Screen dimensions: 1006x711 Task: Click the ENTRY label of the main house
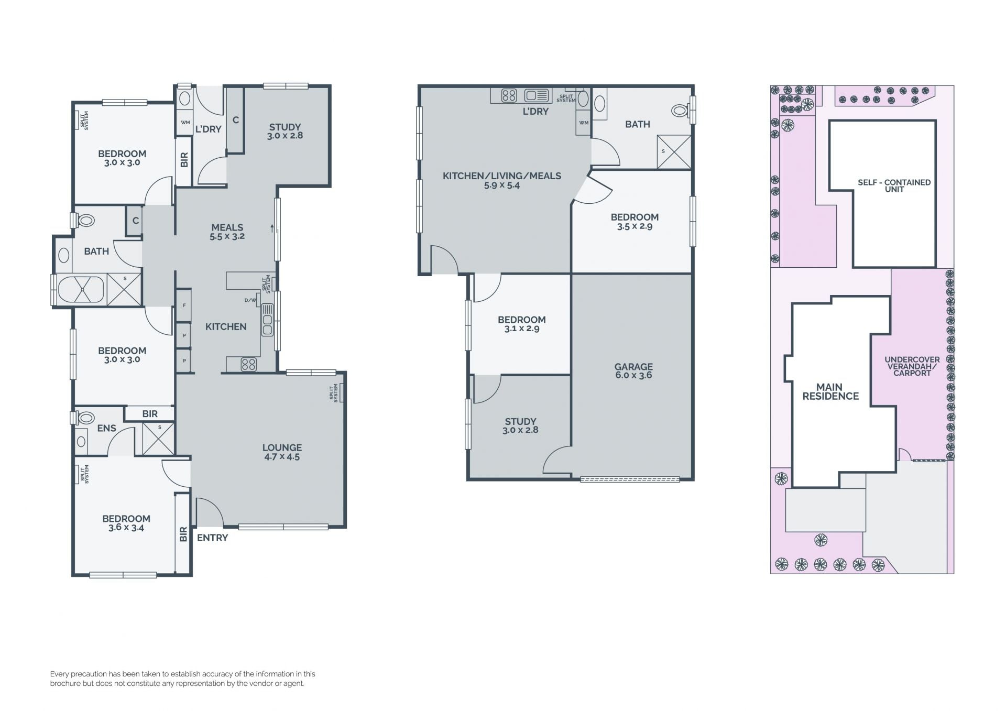212,538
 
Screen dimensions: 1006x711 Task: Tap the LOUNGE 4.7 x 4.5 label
282,452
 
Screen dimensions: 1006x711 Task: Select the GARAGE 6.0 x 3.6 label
633,371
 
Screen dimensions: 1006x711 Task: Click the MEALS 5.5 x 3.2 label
227,232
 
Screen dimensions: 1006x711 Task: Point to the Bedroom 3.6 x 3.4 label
126,523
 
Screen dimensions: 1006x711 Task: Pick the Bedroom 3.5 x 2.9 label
635,222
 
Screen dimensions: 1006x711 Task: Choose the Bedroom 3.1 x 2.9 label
522,324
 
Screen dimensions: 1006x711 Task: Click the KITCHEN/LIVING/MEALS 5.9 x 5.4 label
502,180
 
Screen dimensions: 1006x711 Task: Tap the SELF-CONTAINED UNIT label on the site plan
894,185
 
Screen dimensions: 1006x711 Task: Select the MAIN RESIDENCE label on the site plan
830,392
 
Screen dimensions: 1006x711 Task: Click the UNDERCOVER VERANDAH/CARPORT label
912,366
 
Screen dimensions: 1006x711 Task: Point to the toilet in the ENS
84,418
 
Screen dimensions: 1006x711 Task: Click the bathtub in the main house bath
81,290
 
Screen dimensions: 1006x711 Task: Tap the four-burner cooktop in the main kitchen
249,364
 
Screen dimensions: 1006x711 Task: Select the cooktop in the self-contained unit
509,95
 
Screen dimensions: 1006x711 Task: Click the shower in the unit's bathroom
674,152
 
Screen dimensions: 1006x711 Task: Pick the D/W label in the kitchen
250,300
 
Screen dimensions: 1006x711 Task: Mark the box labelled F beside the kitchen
183,305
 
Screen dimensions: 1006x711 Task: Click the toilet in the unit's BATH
681,111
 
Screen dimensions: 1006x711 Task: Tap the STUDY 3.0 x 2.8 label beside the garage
520,425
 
